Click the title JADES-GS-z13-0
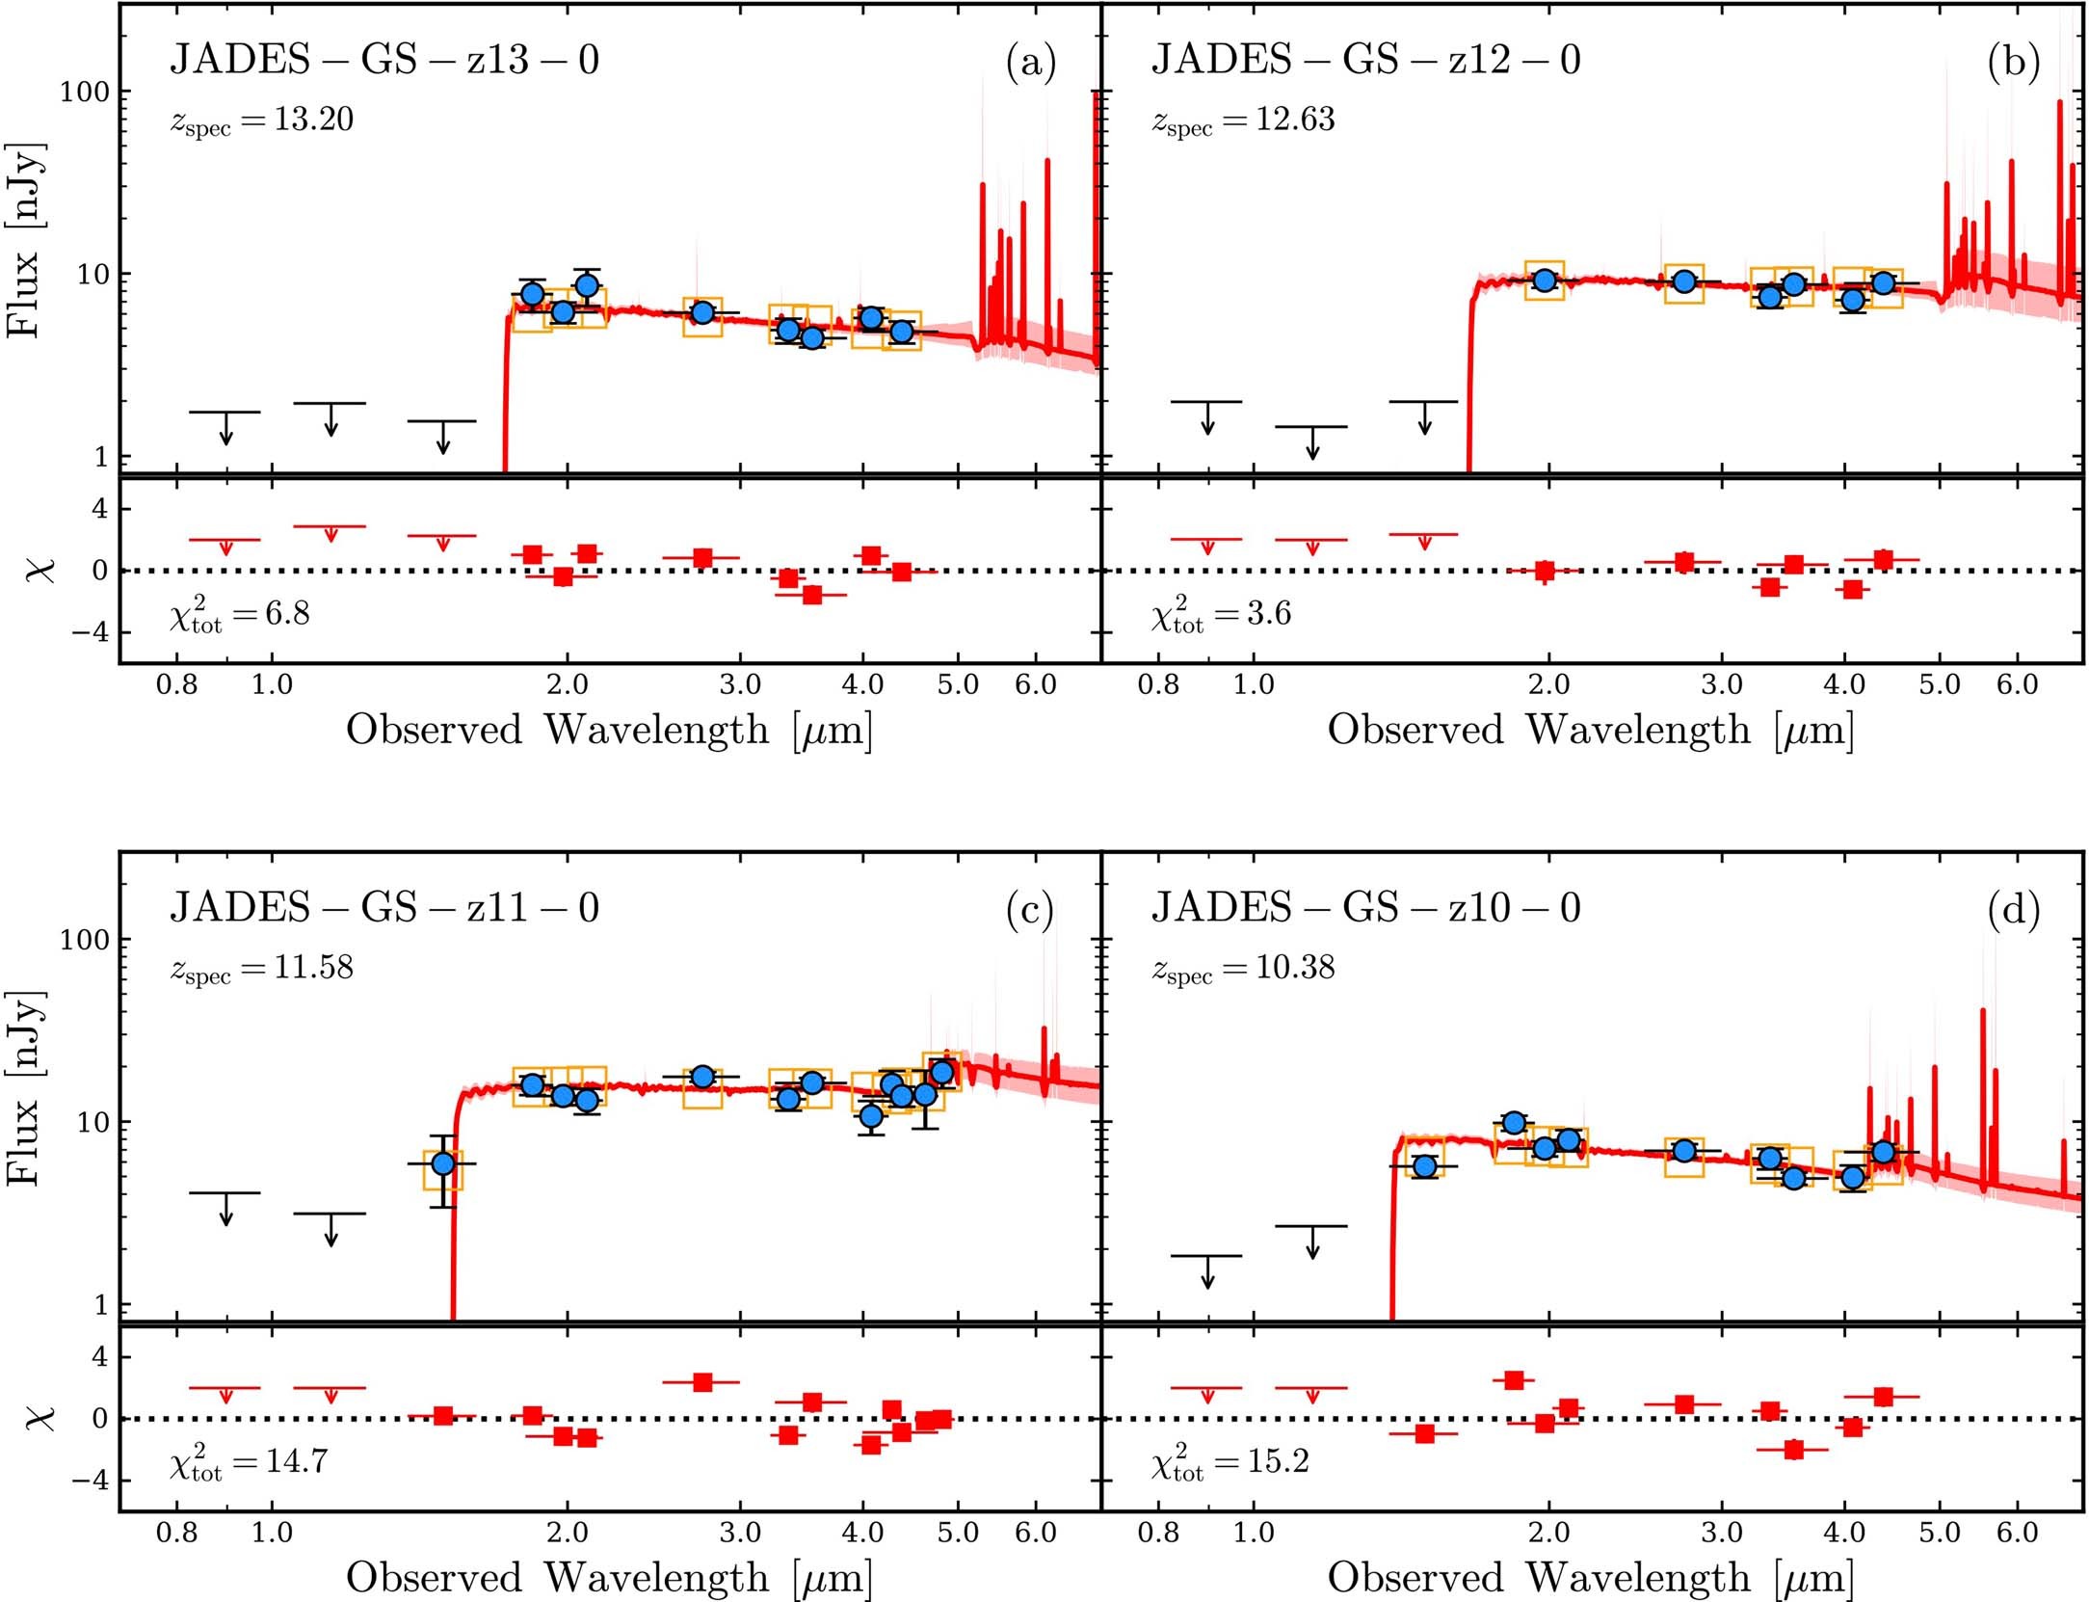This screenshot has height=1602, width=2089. [x=384, y=60]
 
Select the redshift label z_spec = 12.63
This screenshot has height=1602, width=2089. [x=1243, y=120]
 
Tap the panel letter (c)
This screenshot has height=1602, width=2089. [x=1029, y=910]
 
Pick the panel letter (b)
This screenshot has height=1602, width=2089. [x=2013, y=63]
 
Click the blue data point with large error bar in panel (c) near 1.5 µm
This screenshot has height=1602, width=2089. [x=442, y=1163]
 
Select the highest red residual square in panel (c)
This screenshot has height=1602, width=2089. [x=702, y=1382]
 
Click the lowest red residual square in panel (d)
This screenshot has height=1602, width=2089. [x=1793, y=1450]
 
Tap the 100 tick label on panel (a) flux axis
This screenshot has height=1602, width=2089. [x=85, y=93]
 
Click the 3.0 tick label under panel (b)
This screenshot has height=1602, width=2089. [x=1721, y=685]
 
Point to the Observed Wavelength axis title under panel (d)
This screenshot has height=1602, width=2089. [x=1590, y=1577]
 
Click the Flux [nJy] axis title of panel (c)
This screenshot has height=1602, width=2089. [x=25, y=1087]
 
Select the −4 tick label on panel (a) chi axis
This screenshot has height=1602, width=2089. [x=87, y=632]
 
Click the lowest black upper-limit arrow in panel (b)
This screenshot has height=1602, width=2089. [x=1311, y=442]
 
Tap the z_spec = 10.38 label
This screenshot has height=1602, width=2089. [x=1243, y=968]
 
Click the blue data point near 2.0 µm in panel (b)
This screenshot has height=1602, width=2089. [x=1545, y=280]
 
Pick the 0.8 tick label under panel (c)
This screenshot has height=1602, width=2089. [x=177, y=1533]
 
